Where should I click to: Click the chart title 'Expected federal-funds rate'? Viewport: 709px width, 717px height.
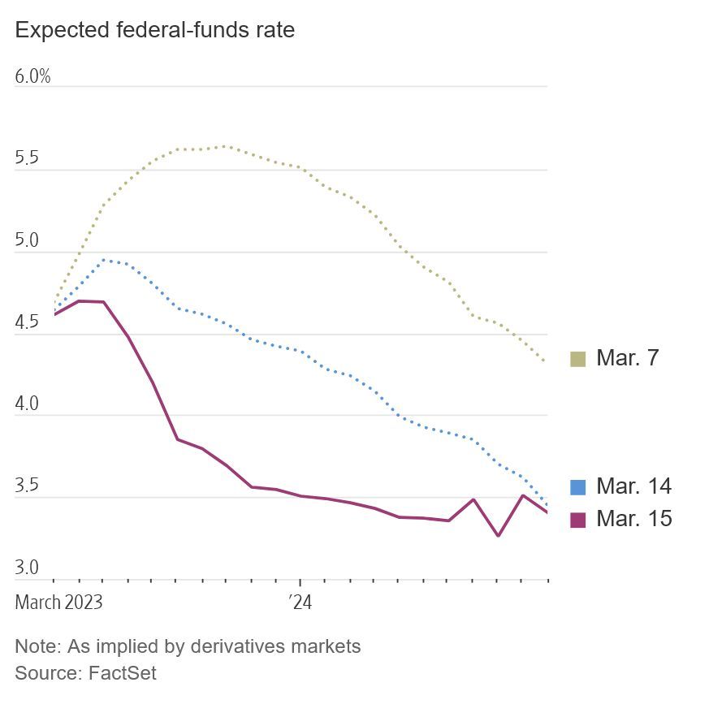(154, 31)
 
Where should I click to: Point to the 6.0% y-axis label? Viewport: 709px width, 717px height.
(32, 76)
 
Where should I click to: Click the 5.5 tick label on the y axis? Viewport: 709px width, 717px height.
(28, 158)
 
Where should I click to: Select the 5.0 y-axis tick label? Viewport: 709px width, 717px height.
(28, 241)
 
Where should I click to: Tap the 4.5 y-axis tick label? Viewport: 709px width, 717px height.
(28, 323)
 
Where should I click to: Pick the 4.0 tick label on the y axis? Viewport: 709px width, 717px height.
(28, 404)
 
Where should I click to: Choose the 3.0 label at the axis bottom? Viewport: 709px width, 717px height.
(28, 568)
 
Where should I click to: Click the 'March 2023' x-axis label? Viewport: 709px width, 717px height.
(58, 603)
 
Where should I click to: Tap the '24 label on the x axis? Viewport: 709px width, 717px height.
(300, 603)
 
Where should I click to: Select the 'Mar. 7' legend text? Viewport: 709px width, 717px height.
(627, 358)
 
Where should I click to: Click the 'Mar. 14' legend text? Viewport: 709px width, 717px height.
(633, 486)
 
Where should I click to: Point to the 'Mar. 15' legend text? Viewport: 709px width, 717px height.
(633, 519)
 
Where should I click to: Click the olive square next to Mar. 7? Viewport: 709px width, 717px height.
(577, 359)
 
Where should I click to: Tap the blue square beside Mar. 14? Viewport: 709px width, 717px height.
(577, 487)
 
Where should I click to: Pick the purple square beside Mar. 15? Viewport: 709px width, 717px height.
(577, 520)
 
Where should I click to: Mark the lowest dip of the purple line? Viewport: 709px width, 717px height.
(498, 535)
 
